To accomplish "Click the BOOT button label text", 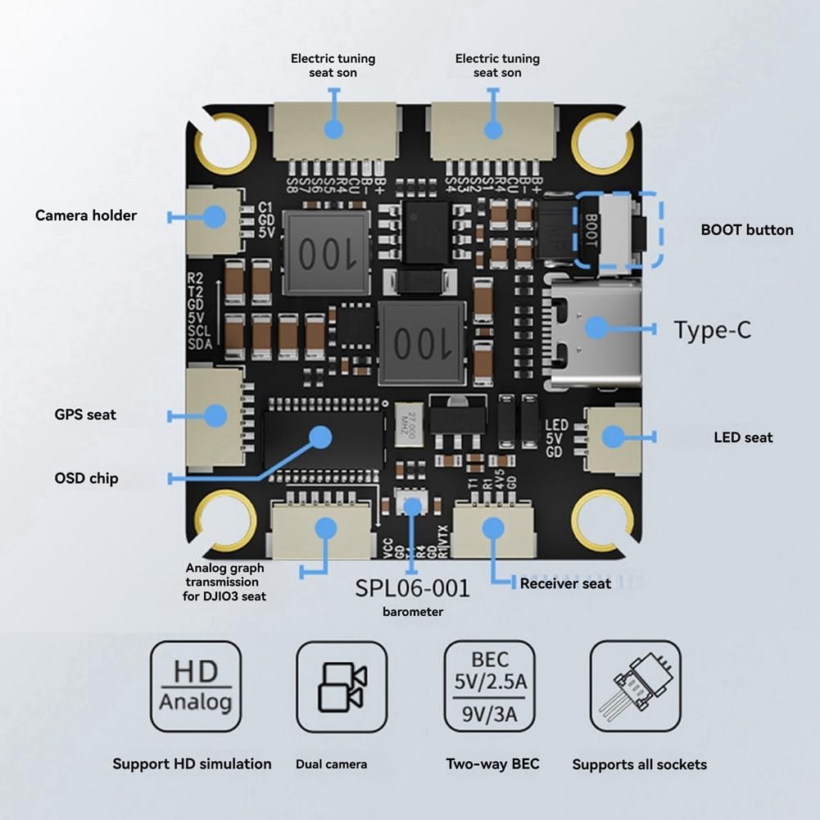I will tap(746, 230).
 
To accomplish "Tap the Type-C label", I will tap(712, 330).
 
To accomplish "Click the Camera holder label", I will tap(86, 215).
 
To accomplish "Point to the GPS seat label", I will tap(85, 415).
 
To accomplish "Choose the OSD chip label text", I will tap(86, 478).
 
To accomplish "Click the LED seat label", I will tap(743, 437).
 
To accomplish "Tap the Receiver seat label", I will tap(565, 583).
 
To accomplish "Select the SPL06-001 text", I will tap(412, 587).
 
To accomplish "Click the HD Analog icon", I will tap(196, 686).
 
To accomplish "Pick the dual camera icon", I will tap(341, 686).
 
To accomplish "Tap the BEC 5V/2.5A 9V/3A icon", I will tap(489, 686).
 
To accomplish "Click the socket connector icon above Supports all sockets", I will tap(636, 686).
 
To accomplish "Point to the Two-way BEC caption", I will tap(492, 764).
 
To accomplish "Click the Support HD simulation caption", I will tap(192, 764).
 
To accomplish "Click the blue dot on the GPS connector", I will tap(215, 415).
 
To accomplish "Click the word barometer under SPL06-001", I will tap(413, 612).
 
